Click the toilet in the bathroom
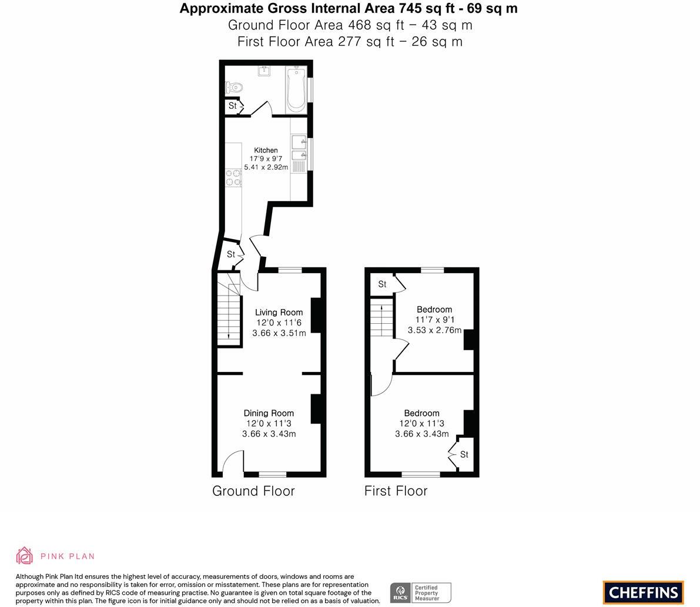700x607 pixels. pos(234,88)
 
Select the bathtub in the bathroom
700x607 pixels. pos(296,90)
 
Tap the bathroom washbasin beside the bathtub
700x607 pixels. pos(264,71)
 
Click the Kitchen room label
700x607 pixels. pos(266,150)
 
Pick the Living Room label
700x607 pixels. pos(279,313)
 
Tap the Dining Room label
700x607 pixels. pos(269,413)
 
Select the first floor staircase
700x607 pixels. pos(381,318)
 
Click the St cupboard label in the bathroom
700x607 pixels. pos(233,106)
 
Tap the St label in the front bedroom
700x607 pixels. pos(464,454)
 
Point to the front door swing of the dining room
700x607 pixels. pos(235,461)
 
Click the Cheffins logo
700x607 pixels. pos(644,592)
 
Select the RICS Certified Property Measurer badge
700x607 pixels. pos(420,592)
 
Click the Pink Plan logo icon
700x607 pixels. pos(25,555)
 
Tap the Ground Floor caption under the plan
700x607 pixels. pos(253,491)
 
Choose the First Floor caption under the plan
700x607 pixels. pos(396,491)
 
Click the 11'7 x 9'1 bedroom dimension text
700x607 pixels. pos(434,320)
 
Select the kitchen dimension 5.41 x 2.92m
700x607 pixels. pos(266,167)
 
